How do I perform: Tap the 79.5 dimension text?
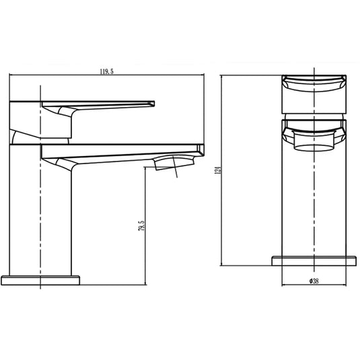click(x=139, y=225)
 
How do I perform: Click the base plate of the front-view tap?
click(x=315, y=260)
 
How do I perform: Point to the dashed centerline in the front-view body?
click(x=315, y=202)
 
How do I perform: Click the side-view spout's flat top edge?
click(x=121, y=144)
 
